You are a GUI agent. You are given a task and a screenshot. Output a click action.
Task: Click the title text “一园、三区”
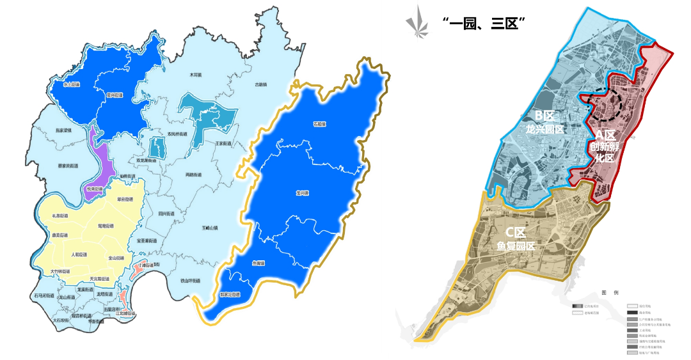point(484,23)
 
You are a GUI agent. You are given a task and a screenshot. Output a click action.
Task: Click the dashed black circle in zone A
point(605,104)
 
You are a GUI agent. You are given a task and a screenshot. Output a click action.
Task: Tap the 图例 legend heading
point(609,292)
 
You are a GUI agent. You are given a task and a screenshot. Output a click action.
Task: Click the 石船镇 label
point(319,123)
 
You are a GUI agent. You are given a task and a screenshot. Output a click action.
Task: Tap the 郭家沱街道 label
point(229,295)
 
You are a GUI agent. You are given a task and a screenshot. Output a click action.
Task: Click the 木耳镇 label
point(195,75)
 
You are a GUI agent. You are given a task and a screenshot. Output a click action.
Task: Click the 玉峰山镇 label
point(210,227)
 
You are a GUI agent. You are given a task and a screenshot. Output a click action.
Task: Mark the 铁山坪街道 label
point(190,280)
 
